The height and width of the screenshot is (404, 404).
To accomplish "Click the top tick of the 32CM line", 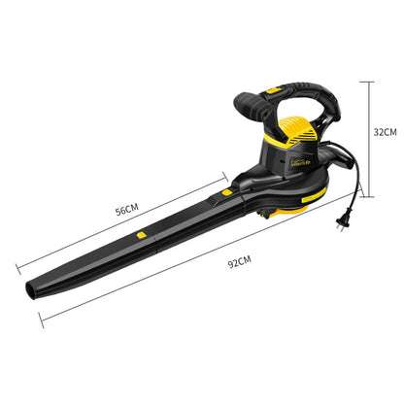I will pos(367,81).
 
